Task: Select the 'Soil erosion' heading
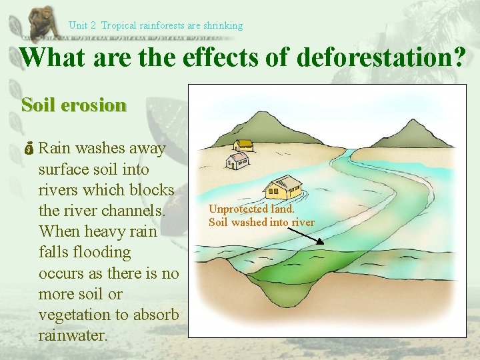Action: tap(73, 105)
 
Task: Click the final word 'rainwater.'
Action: tap(73, 335)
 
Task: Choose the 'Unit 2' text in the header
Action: tap(82, 25)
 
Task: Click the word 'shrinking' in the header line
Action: tap(223, 25)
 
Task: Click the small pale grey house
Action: tap(237, 160)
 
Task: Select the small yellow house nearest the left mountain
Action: tap(243, 145)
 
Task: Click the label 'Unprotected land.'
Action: tap(251, 209)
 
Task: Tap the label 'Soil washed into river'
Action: tap(261, 222)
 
